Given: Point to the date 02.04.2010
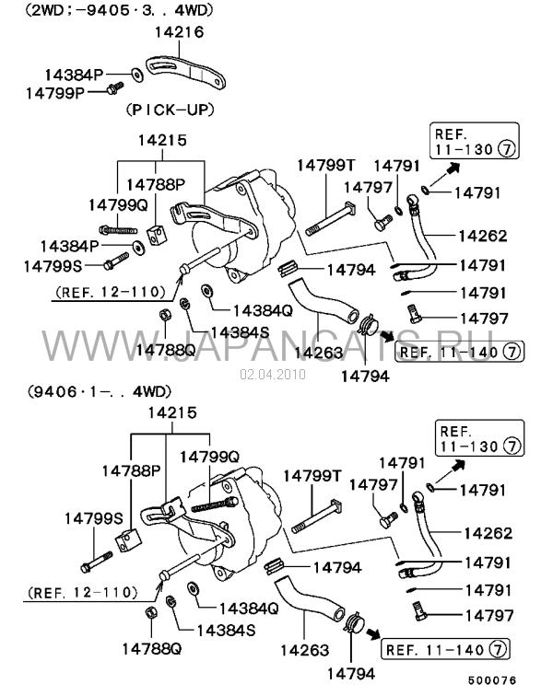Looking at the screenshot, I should [x=272, y=375].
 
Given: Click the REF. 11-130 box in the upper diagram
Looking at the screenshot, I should [x=472, y=141].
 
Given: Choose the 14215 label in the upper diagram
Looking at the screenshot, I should [x=162, y=141].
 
